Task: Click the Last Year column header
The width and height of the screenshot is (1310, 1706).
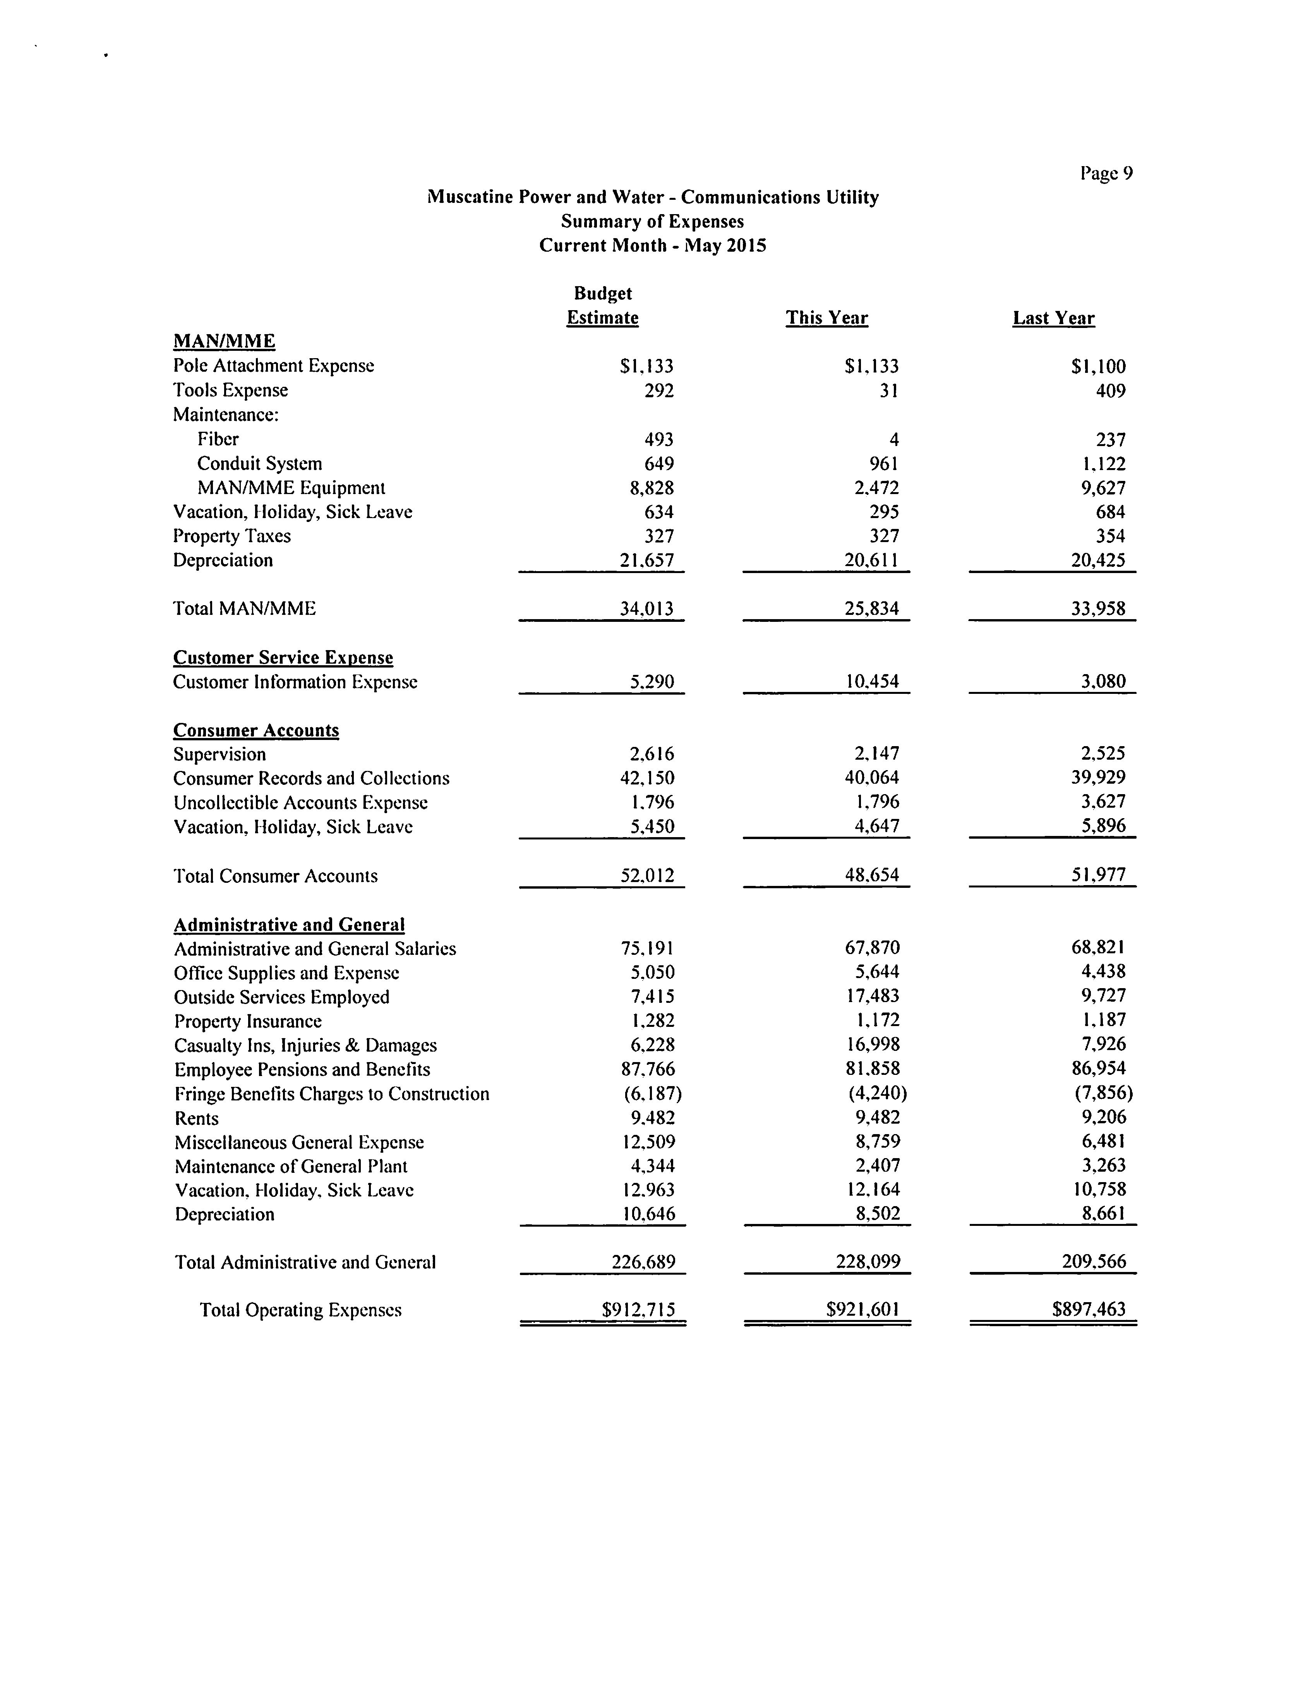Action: pyautogui.click(x=1053, y=318)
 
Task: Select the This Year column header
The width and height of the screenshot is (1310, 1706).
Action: pyautogui.click(x=826, y=318)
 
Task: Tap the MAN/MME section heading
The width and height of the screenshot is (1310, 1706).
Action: pyautogui.click(x=224, y=342)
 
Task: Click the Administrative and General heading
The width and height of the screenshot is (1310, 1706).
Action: pyautogui.click(x=288, y=925)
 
